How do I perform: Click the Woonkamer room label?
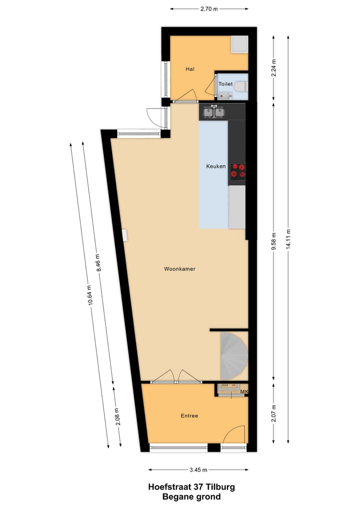[x=179, y=269]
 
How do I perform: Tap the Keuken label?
[x=216, y=166]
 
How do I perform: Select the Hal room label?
[x=189, y=69]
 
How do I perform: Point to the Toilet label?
[x=225, y=84]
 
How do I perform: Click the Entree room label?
[x=189, y=416]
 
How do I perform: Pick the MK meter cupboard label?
[x=244, y=392]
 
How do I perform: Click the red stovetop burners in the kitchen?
[x=237, y=171]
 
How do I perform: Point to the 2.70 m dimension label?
[x=209, y=9]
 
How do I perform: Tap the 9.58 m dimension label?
[x=273, y=242]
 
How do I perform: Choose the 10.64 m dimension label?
[x=90, y=298]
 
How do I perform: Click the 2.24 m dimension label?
[x=273, y=66]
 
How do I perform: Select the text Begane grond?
[x=191, y=497]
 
